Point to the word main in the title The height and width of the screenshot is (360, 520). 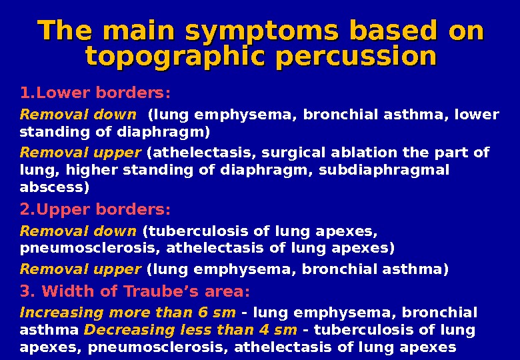(x=141, y=31)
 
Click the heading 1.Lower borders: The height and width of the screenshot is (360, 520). (x=95, y=91)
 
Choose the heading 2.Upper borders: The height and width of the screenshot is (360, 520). (x=95, y=210)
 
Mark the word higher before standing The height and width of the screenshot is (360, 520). (x=82, y=170)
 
